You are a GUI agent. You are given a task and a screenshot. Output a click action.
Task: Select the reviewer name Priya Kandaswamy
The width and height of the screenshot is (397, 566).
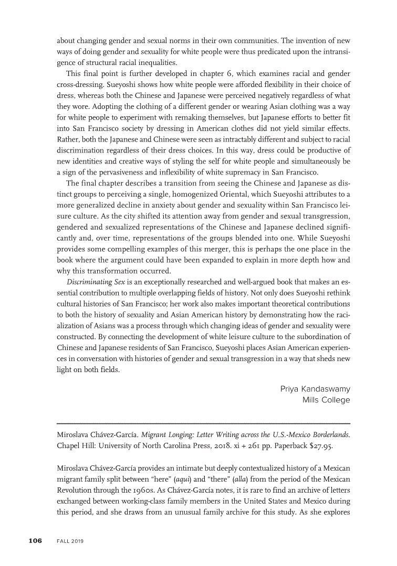tap(315, 389)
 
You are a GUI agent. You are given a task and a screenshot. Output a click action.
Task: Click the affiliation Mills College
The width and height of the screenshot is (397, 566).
tap(326, 400)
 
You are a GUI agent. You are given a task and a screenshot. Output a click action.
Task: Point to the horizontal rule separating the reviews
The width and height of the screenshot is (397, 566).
tap(203, 423)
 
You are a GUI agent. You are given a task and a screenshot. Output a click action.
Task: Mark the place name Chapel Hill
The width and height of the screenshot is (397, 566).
tap(74, 446)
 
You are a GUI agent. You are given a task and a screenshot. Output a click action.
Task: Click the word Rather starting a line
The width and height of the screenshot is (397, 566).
tap(67, 139)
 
